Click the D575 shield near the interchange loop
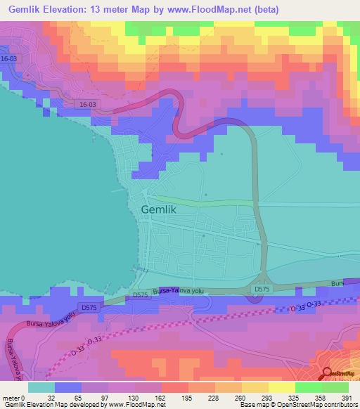[x=262, y=289]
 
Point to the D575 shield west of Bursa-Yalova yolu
[x=89, y=307]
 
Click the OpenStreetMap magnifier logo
[x=328, y=375]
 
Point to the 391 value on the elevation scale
[x=345, y=396]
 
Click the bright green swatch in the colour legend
[x=308, y=387]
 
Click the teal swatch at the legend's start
[x=41, y=387]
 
